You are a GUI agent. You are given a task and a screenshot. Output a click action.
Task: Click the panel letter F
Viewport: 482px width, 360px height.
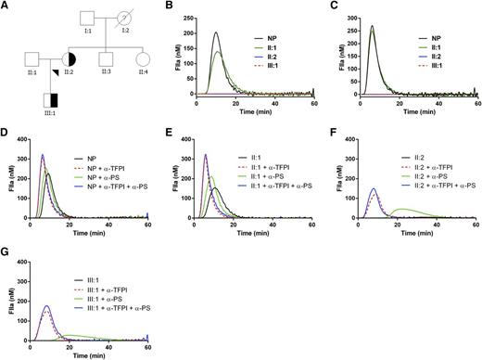coord(328,127)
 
